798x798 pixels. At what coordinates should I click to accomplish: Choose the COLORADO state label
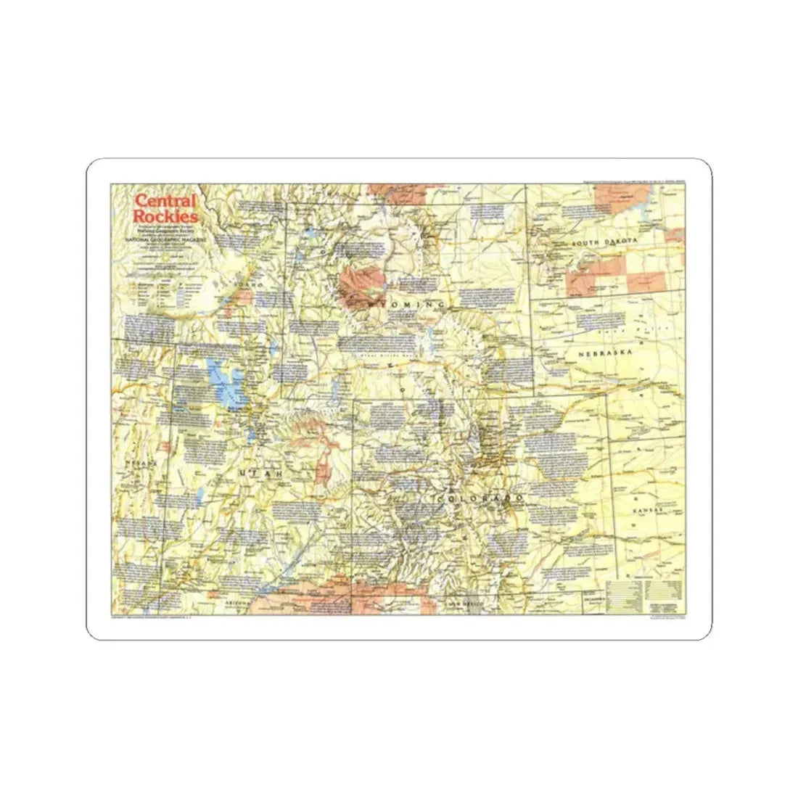(480, 500)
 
